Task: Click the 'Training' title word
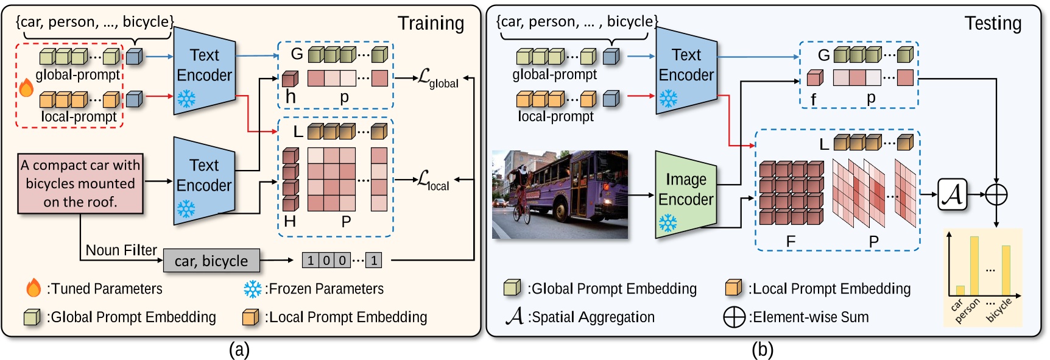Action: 431,23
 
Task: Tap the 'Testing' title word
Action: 993,23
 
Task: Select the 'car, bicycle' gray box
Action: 211,261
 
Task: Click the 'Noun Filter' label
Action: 121,250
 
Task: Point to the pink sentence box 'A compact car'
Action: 80,183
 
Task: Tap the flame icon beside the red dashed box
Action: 26,88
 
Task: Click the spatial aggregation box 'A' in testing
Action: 953,194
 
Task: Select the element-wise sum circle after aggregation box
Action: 996,194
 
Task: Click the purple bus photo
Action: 560,194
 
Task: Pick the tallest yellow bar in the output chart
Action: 974,266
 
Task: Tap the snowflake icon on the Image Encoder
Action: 668,224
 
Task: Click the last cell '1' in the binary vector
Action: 373,261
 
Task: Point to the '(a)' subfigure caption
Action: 239,350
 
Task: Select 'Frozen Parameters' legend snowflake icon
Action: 252,289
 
